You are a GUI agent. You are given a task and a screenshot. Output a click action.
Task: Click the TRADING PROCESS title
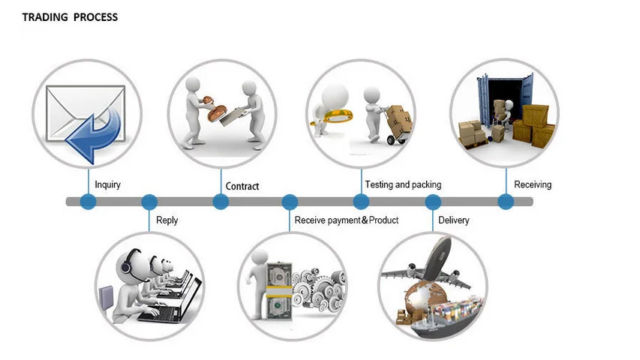70,17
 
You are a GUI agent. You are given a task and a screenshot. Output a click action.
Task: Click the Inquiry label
108,184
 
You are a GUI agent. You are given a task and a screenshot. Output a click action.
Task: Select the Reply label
167,220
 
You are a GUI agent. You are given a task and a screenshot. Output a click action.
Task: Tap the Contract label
242,186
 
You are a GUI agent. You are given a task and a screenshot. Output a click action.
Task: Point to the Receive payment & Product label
347,220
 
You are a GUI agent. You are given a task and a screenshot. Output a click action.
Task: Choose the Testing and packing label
403,185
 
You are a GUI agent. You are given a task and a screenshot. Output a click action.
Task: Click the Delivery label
453,220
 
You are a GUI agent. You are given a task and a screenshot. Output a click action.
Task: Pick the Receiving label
533,185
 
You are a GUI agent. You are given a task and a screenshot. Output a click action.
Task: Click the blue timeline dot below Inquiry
89,202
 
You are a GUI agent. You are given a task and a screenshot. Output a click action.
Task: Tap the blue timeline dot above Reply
149,202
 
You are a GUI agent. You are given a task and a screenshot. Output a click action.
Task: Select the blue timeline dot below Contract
221,202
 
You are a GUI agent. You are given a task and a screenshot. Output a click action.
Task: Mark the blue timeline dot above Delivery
433,202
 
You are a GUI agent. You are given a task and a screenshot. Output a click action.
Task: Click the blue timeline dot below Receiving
506,202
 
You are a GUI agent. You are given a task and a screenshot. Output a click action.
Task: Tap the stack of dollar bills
279,291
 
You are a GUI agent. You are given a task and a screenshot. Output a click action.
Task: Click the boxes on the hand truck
399,119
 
